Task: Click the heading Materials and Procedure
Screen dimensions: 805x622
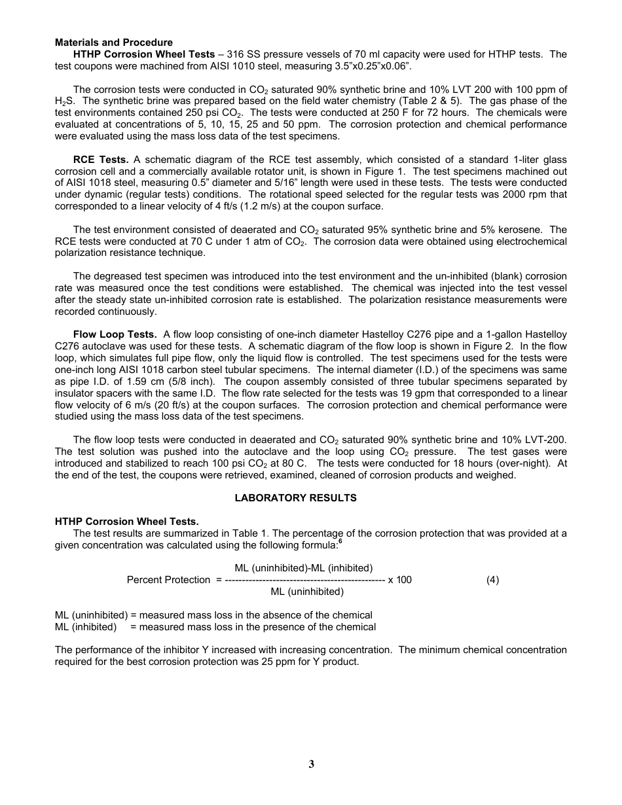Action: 114,43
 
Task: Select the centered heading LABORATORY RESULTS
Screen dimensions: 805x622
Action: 295,498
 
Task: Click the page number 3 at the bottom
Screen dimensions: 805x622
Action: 311,764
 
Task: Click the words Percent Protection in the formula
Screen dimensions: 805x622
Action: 168,580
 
